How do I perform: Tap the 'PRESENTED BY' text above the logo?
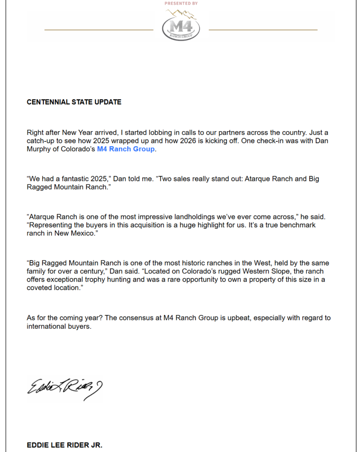point(181,3)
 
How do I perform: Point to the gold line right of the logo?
point(263,30)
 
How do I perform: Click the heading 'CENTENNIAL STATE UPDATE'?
point(74,102)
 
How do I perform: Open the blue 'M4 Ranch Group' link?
point(126,149)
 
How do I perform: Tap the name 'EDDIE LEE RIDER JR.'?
point(64,445)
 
